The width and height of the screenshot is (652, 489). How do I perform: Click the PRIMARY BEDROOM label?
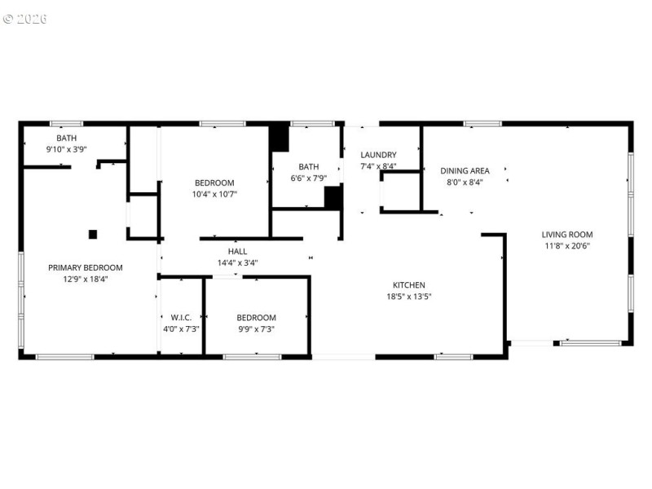click(86, 267)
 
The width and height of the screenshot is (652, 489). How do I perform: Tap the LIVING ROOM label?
click(567, 235)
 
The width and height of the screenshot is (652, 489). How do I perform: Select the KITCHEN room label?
click(409, 284)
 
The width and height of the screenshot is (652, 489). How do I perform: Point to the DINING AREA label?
click(465, 170)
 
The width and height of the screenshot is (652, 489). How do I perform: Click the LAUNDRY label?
click(378, 155)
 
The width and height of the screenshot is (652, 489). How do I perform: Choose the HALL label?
click(237, 251)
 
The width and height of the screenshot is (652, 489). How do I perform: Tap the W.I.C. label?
click(181, 317)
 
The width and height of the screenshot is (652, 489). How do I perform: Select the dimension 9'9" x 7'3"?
click(257, 328)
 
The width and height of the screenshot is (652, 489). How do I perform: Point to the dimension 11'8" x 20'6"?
click(567, 246)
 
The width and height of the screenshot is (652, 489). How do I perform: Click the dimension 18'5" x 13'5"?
click(409, 297)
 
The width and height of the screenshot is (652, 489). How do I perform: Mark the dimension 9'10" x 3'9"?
click(67, 149)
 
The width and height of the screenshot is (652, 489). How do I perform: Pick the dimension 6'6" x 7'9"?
click(308, 178)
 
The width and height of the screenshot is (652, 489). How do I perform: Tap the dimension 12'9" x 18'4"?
click(86, 279)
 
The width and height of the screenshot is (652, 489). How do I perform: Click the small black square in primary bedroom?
click(93, 235)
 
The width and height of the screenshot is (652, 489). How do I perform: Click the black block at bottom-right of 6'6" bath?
click(333, 198)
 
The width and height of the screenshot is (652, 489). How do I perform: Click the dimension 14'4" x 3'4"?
click(237, 263)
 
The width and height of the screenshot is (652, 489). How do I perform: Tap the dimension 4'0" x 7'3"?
click(181, 328)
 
